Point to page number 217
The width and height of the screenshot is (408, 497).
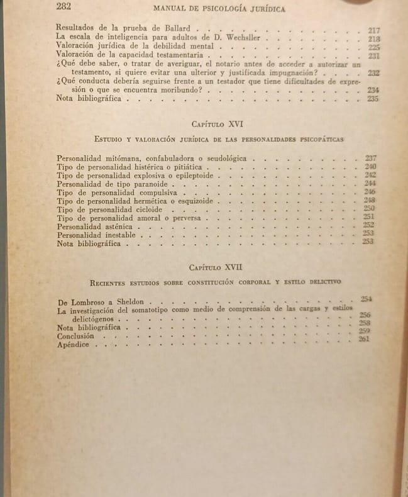pos(374,30)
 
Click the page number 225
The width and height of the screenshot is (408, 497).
pos(374,48)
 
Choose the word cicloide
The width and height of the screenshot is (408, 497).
pos(145,209)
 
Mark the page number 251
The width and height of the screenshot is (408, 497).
pos(369,217)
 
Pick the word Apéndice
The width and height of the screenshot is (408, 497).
pos(73,345)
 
